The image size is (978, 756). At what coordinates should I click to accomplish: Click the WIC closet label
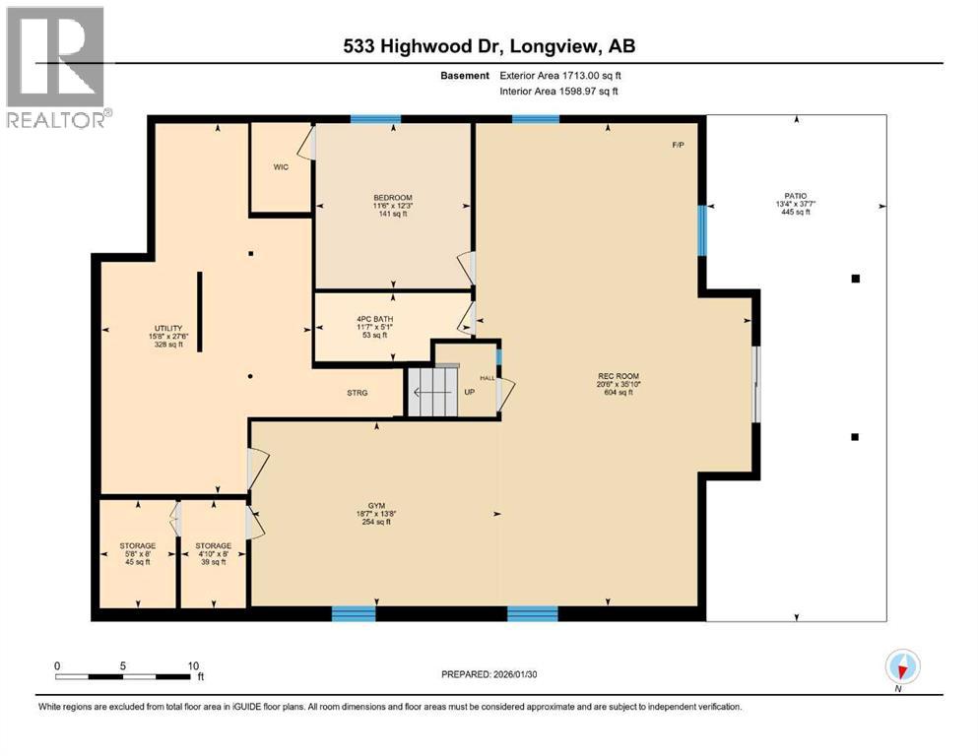(280, 167)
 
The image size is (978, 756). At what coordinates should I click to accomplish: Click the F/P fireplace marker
(678, 145)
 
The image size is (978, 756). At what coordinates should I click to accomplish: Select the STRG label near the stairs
(357, 393)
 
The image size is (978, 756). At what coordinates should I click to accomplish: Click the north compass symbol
(902, 667)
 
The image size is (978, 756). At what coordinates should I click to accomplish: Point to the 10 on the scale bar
(193, 664)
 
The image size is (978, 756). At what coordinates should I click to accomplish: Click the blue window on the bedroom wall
(375, 119)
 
